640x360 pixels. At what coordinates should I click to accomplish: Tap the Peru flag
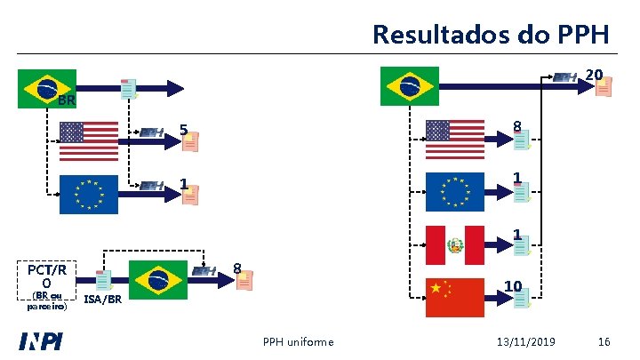click(x=456, y=245)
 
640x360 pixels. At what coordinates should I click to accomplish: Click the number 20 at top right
click(x=595, y=74)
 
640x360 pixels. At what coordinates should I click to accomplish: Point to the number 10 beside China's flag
click(x=512, y=285)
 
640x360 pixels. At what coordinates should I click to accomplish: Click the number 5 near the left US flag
click(x=182, y=131)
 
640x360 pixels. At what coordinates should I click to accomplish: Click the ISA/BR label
click(x=102, y=300)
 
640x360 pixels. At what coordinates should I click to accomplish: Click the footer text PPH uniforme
click(x=299, y=342)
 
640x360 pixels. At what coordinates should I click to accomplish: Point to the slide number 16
click(x=604, y=342)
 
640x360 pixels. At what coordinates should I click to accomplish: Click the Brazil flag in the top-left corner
click(x=48, y=88)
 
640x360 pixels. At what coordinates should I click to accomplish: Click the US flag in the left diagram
click(x=89, y=140)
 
